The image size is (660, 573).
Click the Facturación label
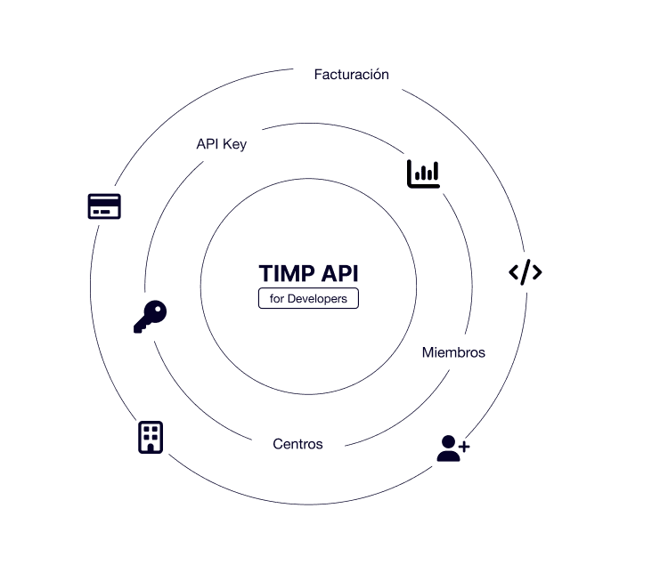pos(351,75)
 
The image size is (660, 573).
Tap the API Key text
pos(221,144)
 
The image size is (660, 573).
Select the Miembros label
pos(453,352)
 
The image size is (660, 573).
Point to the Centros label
pos(297,443)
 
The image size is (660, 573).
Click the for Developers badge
pos(308,299)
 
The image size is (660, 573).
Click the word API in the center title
pos(338,273)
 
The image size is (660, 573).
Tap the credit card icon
pos(104,206)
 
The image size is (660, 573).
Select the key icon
pos(150,316)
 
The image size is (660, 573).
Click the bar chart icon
pos(423,174)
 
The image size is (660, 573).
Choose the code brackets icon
pos(526,272)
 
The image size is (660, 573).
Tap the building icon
pos(151,437)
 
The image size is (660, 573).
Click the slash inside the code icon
pos(526,272)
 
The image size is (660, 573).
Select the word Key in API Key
pos(235,144)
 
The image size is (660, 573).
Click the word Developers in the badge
pos(318,299)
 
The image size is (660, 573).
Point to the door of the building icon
pos(151,446)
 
